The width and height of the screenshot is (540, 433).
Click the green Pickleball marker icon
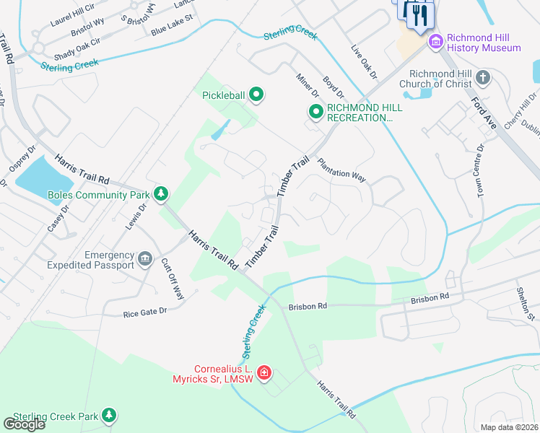click(x=256, y=94)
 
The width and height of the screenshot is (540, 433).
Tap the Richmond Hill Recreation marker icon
click(x=315, y=112)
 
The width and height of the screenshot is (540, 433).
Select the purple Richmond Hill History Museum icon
click(x=435, y=42)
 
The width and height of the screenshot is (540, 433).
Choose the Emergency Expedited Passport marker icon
click(x=145, y=259)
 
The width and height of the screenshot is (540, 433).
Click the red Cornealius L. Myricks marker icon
click(x=265, y=373)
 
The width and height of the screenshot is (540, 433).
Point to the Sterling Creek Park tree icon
click(x=108, y=415)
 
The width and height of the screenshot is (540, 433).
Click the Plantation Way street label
click(x=344, y=174)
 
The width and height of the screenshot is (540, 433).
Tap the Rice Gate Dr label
click(x=144, y=311)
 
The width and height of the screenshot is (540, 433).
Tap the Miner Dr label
click(x=306, y=85)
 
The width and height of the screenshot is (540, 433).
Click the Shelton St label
click(x=528, y=304)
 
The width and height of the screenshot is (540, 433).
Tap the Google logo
click(x=24, y=424)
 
